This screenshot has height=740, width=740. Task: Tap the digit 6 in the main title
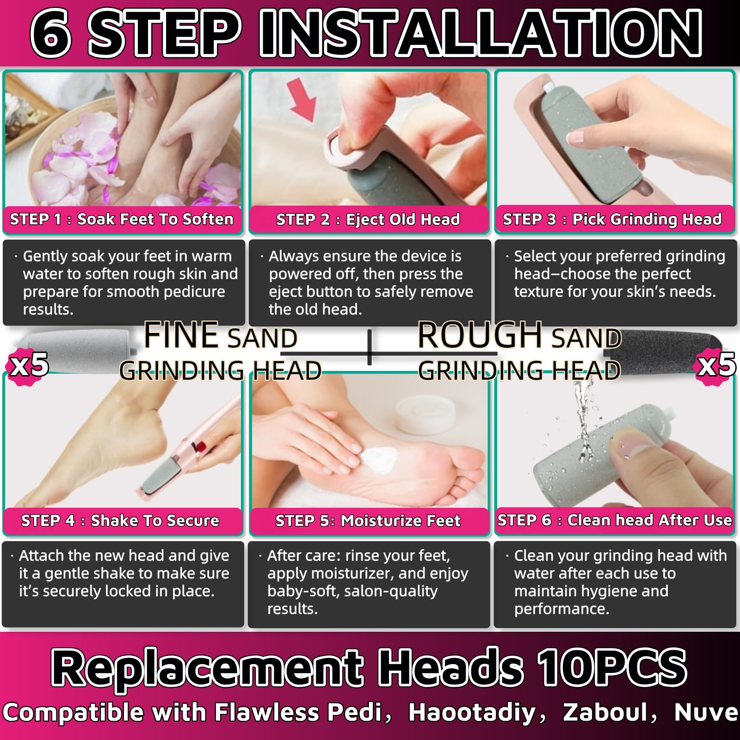click(51, 34)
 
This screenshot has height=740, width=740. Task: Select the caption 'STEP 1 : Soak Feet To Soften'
click(122, 219)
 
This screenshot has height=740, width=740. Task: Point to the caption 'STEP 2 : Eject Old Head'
click(368, 219)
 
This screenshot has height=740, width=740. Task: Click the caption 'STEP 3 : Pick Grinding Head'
click(612, 219)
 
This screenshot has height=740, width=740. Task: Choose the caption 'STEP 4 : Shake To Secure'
click(120, 520)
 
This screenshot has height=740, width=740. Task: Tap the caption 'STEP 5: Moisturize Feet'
click(368, 521)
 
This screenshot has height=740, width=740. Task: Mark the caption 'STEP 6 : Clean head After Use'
click(615, 520)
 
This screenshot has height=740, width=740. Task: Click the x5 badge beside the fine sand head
click(29, 365)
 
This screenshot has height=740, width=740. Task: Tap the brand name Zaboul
click(605, 712)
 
